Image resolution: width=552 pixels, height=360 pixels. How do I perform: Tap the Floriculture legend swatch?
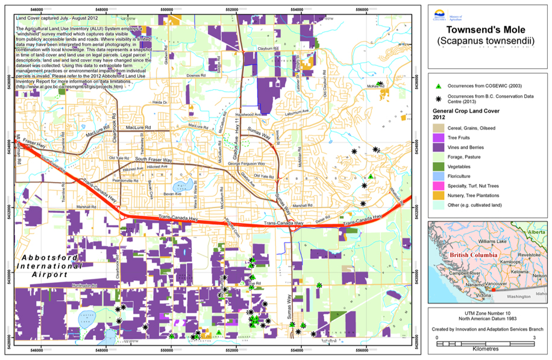pos(441,175)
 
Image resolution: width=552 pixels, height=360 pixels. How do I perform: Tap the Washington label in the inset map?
pos(517,297)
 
